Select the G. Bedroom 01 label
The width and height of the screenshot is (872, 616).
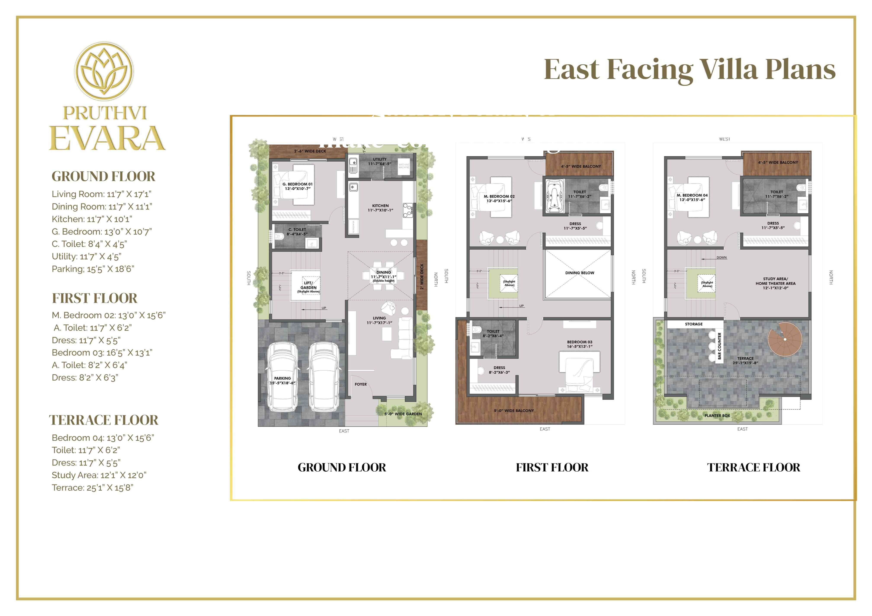point(297,186)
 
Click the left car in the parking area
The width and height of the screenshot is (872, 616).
point(282,378)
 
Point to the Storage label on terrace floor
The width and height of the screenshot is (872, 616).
point(694,324)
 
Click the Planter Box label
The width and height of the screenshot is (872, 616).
point(717,416)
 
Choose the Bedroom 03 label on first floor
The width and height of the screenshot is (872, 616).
point(580,344)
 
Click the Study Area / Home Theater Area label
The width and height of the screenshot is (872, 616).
point(775,283)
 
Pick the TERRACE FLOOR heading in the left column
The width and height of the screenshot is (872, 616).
point(103,420)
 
